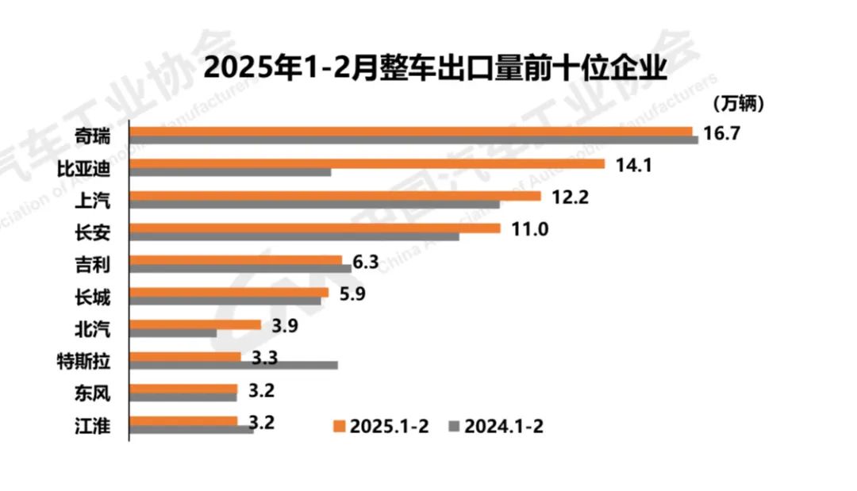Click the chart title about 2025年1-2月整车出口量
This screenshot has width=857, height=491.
434,67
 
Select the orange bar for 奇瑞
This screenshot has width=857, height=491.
410,131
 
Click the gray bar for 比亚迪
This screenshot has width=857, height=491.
230,172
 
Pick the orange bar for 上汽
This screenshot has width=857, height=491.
335,195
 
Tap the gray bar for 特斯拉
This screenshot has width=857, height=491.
233,365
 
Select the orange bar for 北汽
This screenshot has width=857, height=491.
195,324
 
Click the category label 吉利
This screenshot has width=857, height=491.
94,265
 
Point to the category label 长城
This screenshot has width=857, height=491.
94,297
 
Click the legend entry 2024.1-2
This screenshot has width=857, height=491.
496,426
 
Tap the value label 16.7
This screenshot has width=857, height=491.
721,132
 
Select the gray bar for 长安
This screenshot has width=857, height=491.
294,236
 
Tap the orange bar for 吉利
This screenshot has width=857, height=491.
235,259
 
